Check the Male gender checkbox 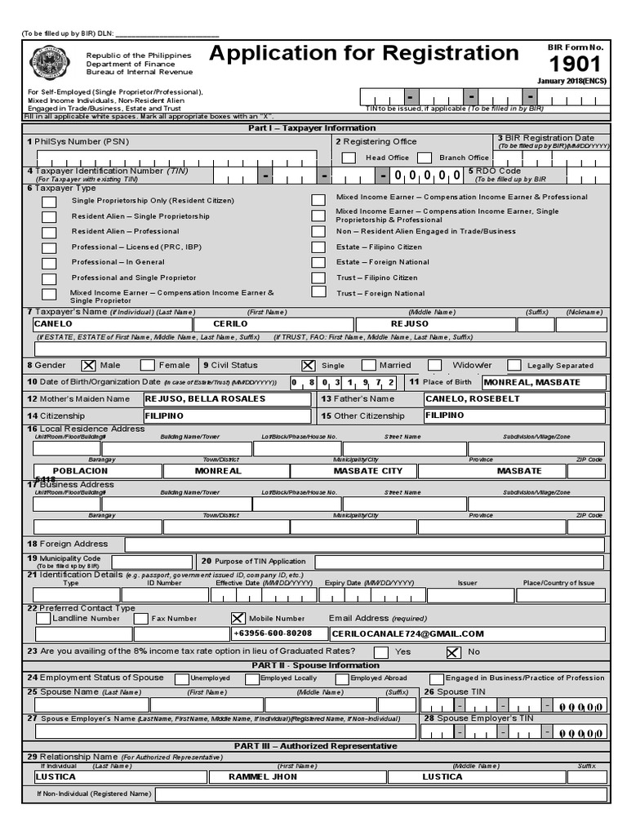[x=88, y=366]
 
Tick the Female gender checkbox [x=148, y=366]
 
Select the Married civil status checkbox [x=369, y=366]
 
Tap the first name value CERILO [x=230, y=324]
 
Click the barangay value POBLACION [x=80, y=471]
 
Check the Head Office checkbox [x=349, y=158]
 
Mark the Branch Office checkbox [x=425, y=158]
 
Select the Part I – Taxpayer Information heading [x=313, y=128]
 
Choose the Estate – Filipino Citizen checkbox [x=318, y=247]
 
